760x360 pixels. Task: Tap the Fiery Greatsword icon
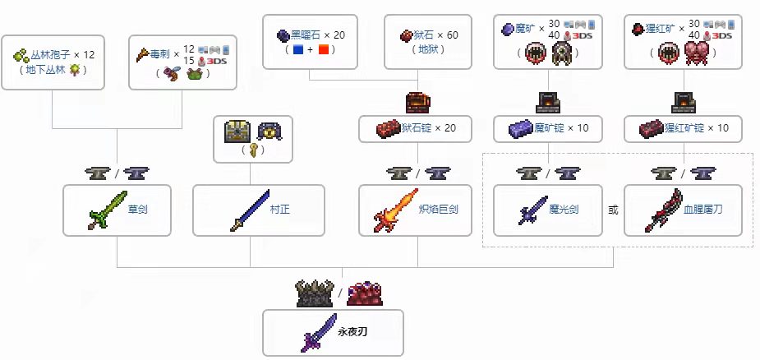point(391,210)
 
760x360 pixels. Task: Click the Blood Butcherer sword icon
point(661,210)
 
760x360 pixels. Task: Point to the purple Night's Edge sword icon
point(320,334)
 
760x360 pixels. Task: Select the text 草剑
point(139,210)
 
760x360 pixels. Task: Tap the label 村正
point(279,210)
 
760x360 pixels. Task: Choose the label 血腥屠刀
point(703,210)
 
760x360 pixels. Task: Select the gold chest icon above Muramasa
point(237,131)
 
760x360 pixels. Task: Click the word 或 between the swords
point(613,210)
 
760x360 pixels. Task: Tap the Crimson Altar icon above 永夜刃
point(363,293)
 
